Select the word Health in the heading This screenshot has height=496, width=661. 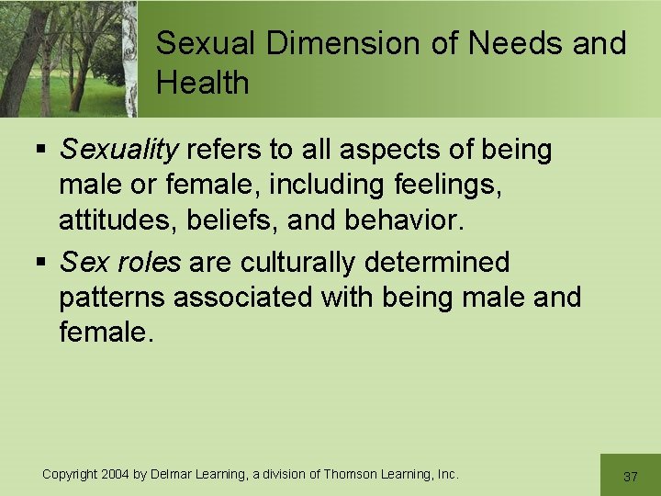point(203,83)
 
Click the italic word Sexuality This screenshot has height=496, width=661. point(118,150)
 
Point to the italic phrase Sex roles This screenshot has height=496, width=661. point(120,263)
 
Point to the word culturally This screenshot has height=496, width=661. point(300,263)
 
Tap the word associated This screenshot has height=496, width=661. point(246,298)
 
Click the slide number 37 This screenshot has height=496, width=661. point(630,477)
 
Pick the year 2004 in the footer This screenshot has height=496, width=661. point(115,474)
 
